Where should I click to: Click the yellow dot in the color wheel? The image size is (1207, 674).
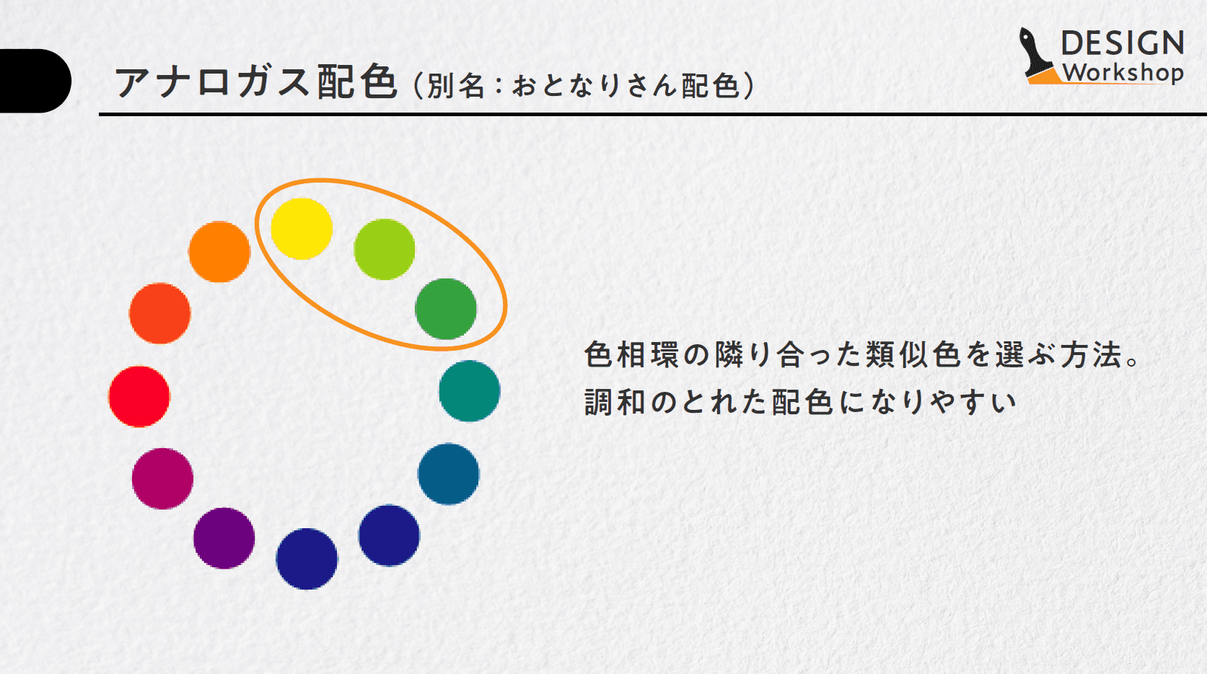[302, 229]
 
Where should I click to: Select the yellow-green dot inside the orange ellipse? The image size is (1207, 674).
[385, 250]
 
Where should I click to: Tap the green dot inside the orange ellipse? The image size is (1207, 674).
[446, 310]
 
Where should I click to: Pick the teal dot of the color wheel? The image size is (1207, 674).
[470, 391]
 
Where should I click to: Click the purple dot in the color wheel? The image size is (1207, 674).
[224, 538]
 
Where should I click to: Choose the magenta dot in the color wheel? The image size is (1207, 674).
[163, 478]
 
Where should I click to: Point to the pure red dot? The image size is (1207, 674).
[139, 397]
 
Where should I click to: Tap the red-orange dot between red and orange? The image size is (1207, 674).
[160, 314]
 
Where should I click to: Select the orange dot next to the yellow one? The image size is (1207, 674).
[219, 252]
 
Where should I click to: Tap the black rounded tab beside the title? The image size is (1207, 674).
[35, 81]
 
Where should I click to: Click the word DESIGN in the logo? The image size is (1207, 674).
[1123, 43]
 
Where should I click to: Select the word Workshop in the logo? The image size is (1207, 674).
[1123, 74]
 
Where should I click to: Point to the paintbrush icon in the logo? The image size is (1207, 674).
[1037, 56]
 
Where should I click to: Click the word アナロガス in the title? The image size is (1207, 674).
[212, 82]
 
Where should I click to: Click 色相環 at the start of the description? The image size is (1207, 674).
[631, 354]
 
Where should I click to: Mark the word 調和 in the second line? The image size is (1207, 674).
[615, 402]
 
